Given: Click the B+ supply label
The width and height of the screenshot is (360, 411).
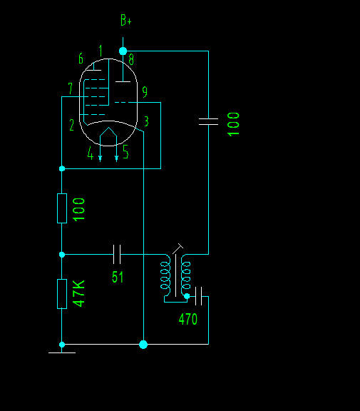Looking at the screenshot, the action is pyautogui.click(x=126, y=20).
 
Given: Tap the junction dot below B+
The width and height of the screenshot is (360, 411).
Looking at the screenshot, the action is pyautogui.click(x=123, y=51).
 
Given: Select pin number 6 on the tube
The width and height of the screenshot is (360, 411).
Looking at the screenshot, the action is pyautogui.click(x=81, y=59).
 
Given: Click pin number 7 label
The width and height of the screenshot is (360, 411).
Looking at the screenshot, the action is pyautogui.click(x=70, y=88).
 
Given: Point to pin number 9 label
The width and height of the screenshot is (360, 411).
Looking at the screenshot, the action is pyautogui.click(x=145, y=92).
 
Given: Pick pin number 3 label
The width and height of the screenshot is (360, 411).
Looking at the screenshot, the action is pyautogui.click(x=146, y=121).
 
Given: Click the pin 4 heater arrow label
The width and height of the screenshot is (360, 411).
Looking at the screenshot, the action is pyautogui.click(x=91, y=153).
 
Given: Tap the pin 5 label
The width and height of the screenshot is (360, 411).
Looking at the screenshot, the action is pyautogui.click(x=125, y=151).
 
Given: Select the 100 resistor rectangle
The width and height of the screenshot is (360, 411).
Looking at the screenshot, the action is pyautogui.click(x=62, y=208).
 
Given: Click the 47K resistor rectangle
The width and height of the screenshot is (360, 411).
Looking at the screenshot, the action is pyautogui.click(x=62, y=294).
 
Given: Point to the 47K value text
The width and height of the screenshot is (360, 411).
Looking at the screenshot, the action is pyautogui.click(x=79, y=293).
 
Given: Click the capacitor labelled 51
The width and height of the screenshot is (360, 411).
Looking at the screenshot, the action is pyautogui.click(x=117, y=254).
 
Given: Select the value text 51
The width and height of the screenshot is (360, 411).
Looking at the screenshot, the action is pyautogui.click(x=118, y=277).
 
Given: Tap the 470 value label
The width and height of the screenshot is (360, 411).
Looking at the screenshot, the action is pyautogui.click(x=187, y=319).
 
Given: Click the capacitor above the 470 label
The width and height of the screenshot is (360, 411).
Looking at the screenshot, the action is pyautogui.click(x=198, y=296).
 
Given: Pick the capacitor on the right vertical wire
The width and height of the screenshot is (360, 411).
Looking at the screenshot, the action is pyautogui.click(x=208, y=121).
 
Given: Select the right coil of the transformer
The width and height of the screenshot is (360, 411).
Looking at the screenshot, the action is pyautogui.click(x=185, y=275).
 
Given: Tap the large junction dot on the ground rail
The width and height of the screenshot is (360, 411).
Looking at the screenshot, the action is pyautogui.click(x=143, y=345).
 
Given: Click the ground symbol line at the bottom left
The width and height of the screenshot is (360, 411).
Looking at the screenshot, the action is pyautogui.click(x=62, y=352).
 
